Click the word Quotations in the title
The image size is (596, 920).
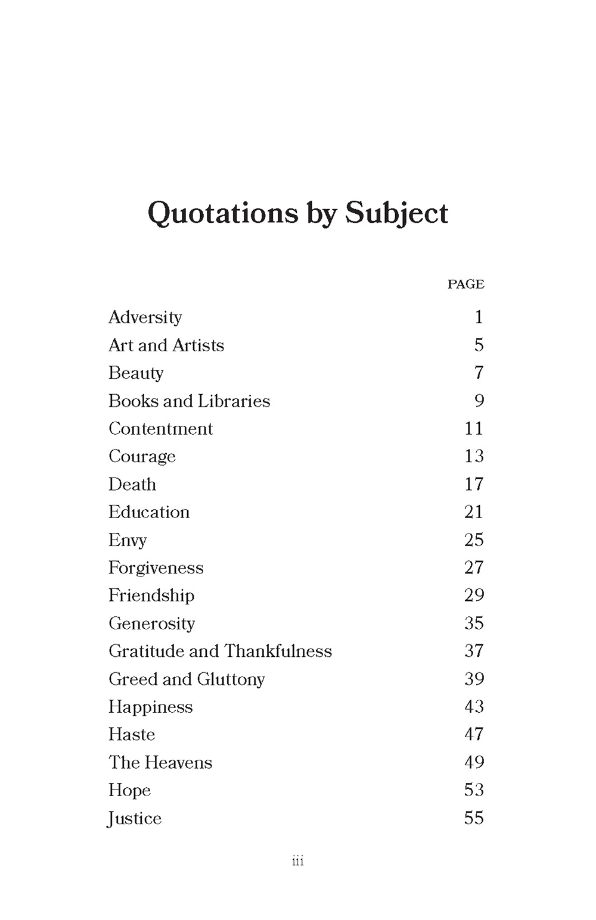tap(222, 213)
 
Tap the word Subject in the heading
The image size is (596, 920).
tap(396, 213)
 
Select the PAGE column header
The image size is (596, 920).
tap(465, 284)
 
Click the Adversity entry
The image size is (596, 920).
tap(145, 317)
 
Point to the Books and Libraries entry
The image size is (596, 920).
tap(189, 401)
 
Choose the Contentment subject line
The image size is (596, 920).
tap(160, 429)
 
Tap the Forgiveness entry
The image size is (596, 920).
tap(156, 567)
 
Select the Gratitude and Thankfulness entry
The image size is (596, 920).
tap(220, 651)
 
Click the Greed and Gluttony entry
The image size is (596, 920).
tap(187, 679)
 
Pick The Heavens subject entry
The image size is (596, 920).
tap(160, 762)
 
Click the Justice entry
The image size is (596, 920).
tap(135, 818)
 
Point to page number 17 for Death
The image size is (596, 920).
tap(474, 484)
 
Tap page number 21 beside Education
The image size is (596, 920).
tap(474, 512)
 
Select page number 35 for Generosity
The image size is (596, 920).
tap(474, 623)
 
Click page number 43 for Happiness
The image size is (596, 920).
tap(474, 707)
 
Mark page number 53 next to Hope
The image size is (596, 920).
tap(474, 790)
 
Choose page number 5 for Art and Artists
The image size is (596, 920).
tap(479, 345)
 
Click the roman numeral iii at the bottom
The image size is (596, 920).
tap(298, 861)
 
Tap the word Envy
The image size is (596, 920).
tap(128, 540)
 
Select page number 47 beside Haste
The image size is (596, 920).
tap(474, 734)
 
